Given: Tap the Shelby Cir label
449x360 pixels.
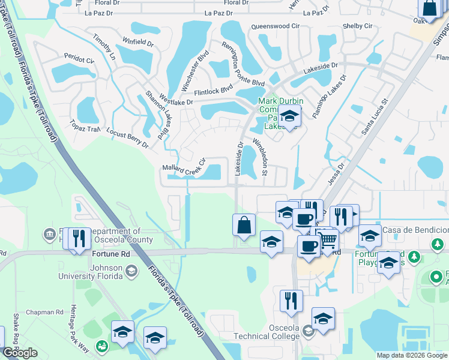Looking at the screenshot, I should pyautogui.click(x=357, y=26).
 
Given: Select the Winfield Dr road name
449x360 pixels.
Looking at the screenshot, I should pyautogui.click(x=138, y=43).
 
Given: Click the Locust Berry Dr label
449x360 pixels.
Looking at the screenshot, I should pyautogui.click(x=127, y=137).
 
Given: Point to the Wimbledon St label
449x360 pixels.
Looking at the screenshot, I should pyautogui.click(x=264, y=155).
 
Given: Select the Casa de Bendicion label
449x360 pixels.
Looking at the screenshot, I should pyautogui.click(x=415, y=230).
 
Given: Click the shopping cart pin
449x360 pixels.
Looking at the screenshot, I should pyautogui.click(x=327, y=241).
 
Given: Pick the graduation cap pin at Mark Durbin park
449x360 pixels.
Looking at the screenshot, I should pyautogui.click(x=289, y=116).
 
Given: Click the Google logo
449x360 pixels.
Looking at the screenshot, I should pyautogui.click(x=20, y=353).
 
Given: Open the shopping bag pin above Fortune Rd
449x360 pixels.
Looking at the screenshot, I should pyautogui.click(x=244, y=226).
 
